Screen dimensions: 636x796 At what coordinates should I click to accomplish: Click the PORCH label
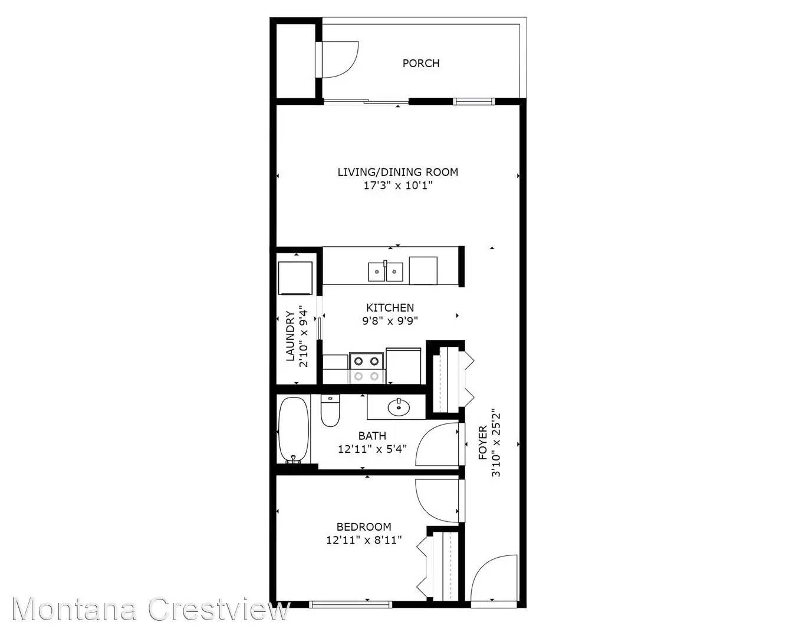pos(420,63)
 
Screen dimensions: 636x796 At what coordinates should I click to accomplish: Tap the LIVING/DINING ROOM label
pos(397,172)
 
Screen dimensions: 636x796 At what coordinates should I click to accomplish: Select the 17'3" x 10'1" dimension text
pos(397,186)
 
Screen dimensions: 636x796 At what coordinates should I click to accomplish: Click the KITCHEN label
pos(390,307)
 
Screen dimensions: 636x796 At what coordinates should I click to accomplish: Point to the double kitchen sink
pos(386,271)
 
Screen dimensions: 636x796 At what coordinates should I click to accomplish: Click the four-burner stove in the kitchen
pos(366,368)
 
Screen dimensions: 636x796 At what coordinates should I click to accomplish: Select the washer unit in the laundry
pos(295,278)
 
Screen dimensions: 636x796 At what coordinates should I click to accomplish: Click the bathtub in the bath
pos(293,430)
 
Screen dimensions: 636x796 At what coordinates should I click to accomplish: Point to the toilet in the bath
pos(330,410)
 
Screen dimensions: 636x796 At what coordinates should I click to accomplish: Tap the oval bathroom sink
pos(399,406)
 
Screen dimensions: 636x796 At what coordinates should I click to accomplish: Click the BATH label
pos(372,436)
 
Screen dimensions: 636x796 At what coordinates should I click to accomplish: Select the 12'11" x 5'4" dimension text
pos(372,449)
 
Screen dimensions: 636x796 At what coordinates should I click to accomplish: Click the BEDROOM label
pos(363,526)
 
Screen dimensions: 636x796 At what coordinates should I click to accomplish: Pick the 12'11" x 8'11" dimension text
pos(363,540)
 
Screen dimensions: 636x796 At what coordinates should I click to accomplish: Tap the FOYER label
pos(483,442)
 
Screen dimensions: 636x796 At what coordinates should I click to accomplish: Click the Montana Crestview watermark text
pos(150,609)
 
